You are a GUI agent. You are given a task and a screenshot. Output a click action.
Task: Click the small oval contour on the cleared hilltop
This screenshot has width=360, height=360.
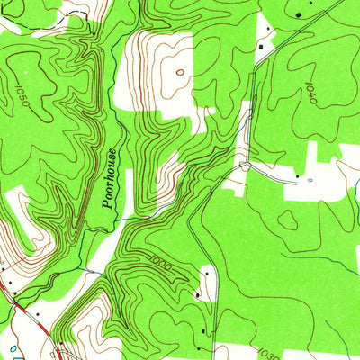(x=179, y=72)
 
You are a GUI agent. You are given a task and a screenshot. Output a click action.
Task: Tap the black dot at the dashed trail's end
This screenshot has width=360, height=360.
(x=92, y=31)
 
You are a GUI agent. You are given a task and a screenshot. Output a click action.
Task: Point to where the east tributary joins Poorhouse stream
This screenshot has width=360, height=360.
(x=135, y=216)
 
